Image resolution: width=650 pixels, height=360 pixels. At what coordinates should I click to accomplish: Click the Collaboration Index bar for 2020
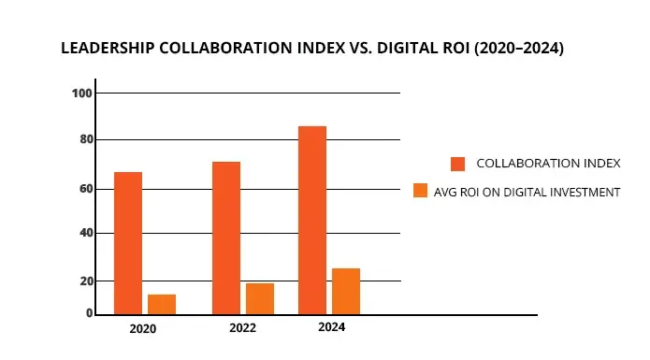[x=128, y=243]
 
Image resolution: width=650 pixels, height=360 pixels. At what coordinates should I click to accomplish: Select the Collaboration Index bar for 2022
[x=226, y=238]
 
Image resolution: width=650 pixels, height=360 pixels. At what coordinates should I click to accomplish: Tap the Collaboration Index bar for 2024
[x=312, y=220]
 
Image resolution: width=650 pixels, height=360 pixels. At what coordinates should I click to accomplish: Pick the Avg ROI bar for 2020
[x=162, y=304]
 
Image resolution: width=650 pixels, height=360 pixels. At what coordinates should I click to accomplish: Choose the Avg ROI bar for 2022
[x=260, y=298]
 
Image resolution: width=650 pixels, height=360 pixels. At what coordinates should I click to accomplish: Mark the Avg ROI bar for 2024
[x=346, y=291]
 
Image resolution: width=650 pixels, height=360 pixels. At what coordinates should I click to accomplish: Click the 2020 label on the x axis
[x=143, y=329]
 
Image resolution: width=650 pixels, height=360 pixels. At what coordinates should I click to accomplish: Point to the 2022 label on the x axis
[x=242, y=329]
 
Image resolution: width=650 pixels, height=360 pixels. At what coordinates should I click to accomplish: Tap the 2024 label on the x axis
[x=331, y=328]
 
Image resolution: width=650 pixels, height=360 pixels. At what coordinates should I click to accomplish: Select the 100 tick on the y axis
[x=81, y=94]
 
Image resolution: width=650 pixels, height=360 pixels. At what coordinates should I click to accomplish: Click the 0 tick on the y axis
[x=89, y=313]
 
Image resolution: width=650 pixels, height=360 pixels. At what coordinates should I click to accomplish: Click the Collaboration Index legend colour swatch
[x=457, y=164]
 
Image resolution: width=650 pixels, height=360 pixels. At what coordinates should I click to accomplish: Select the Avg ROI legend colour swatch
[x=421, y=192]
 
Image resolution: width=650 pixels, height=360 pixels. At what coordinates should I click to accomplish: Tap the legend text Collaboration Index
[x=548, y=164]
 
